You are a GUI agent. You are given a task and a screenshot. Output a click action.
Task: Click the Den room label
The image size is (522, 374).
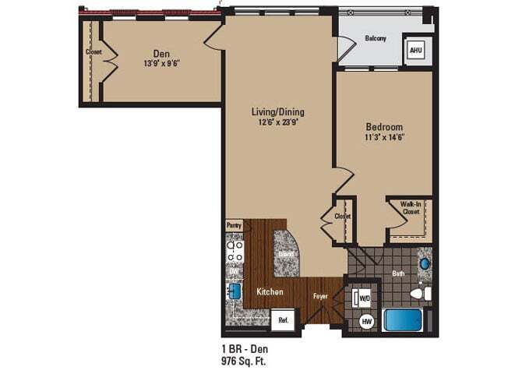162,53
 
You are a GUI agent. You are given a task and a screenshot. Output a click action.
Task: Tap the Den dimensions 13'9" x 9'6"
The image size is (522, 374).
162,65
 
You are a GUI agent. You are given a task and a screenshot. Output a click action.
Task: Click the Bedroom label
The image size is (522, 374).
384,126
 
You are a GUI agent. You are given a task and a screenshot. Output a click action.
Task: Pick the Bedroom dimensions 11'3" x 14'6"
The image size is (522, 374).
384,137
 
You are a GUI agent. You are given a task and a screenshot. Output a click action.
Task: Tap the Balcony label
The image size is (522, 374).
376,39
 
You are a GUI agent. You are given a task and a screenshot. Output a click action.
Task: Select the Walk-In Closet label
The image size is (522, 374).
411,208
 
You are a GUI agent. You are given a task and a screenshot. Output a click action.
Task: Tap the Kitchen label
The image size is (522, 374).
270,291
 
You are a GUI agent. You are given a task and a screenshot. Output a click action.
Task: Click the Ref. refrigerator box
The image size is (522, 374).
284,319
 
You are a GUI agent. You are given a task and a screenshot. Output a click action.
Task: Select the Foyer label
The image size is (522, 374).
321,297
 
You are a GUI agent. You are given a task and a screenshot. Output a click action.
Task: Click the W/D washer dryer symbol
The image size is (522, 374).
364,298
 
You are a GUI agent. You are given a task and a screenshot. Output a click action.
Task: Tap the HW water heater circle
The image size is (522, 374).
366,321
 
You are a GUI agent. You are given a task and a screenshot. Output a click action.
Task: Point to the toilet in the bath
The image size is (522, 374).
421,293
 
